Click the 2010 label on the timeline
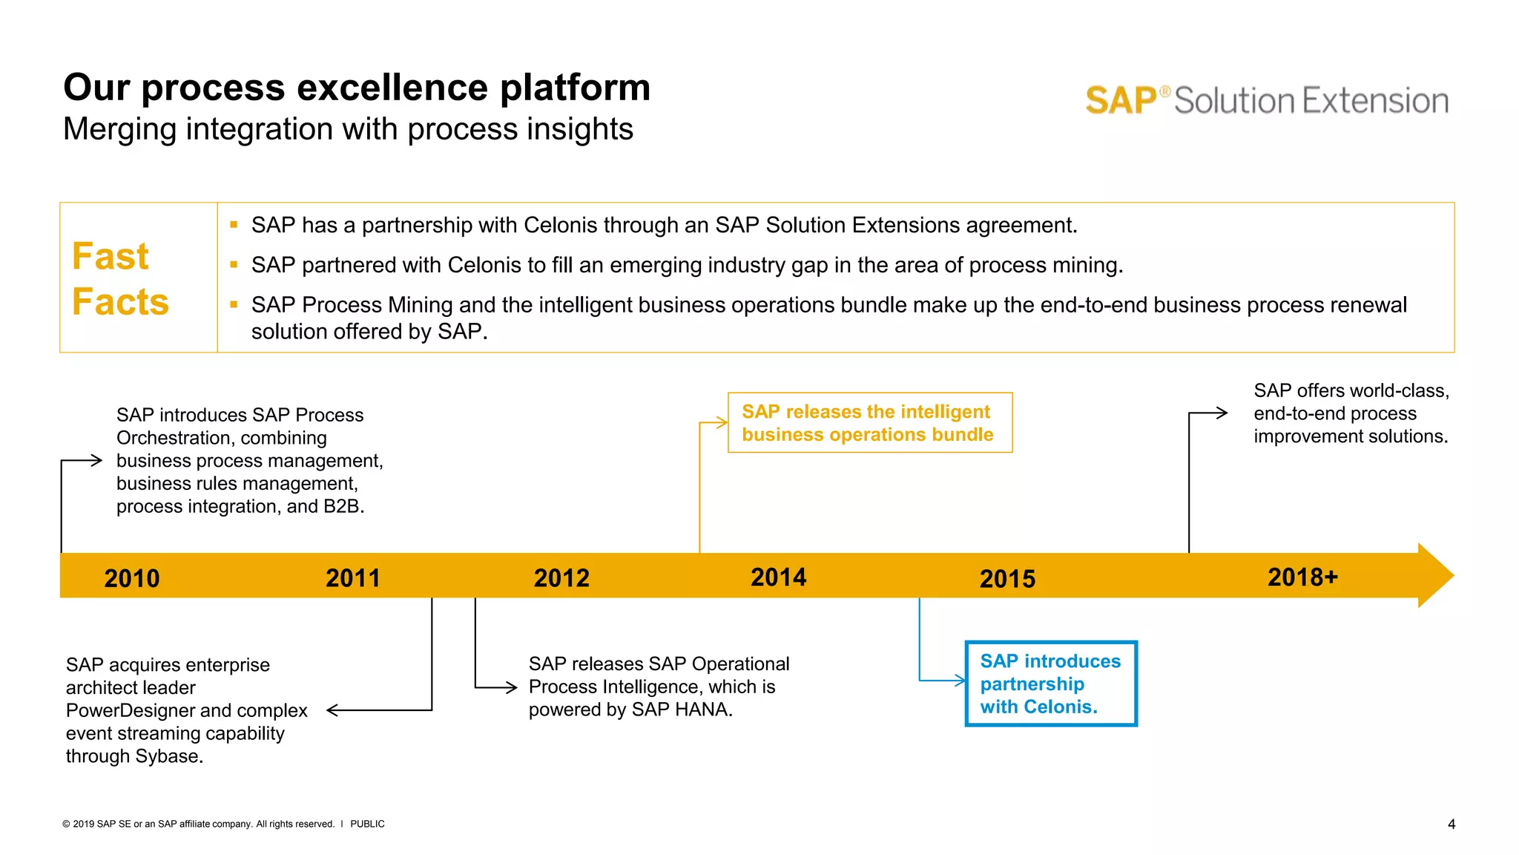131,578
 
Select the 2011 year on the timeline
352,578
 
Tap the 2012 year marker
561,578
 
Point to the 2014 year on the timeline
778,577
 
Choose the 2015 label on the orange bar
1007,579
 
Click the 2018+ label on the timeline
1302,577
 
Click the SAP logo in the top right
1121,101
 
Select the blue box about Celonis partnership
1050,684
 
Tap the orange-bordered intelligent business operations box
869,423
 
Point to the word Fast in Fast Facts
111,257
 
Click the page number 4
1451,824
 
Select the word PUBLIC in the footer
367,824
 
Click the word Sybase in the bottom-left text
168,756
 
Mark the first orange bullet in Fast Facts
234,225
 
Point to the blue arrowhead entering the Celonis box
962,680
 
